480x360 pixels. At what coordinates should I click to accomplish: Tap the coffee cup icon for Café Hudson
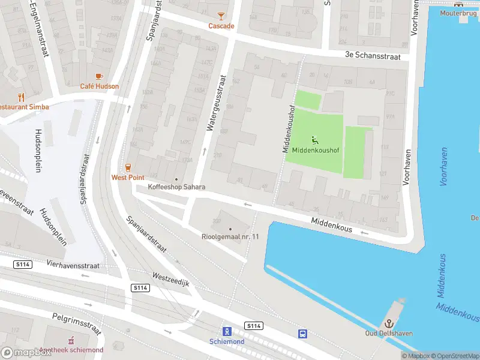tap(99, 76)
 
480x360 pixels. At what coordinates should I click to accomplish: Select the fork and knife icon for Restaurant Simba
tap(22, 97)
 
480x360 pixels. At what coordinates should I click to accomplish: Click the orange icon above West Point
tap(127, 167)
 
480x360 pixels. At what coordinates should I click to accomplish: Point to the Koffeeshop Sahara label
tap(176, 187)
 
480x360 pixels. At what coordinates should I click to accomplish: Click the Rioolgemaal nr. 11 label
tap(230, 236)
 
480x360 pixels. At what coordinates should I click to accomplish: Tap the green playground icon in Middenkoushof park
tap(315, 140)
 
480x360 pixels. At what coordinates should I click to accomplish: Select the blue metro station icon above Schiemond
tap(227, 331)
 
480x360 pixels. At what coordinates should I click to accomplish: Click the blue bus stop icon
tap(303, 334)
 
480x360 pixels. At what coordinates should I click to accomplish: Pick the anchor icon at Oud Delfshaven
tap(388, 323)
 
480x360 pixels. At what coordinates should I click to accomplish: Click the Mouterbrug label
tap(458, 13)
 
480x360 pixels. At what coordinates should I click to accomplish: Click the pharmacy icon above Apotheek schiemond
tap(71, 340)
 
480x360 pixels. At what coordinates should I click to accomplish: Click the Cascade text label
tap(221, 26)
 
